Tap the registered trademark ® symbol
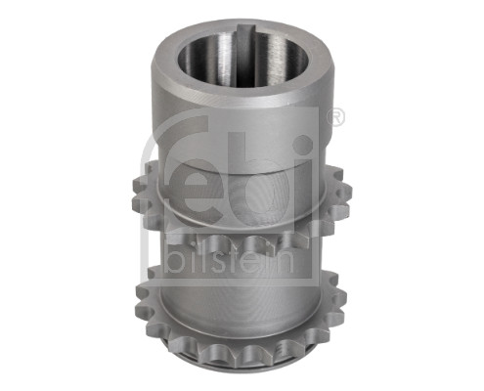335,118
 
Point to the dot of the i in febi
303,145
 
